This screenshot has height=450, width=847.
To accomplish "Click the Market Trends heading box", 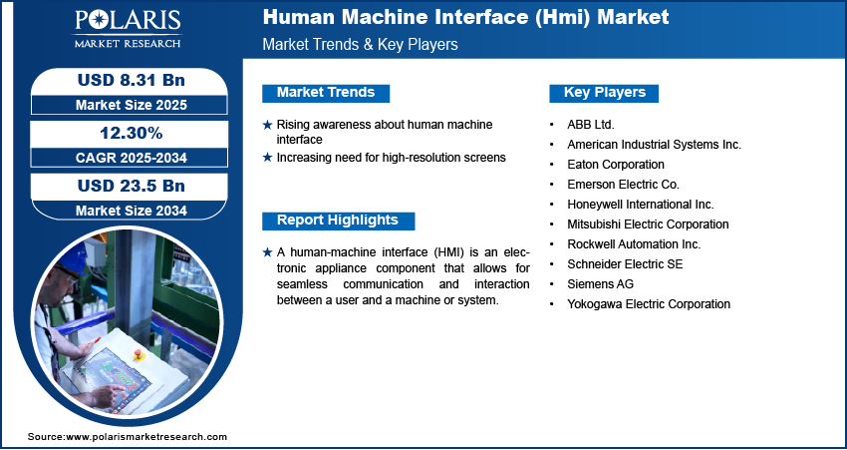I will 326,93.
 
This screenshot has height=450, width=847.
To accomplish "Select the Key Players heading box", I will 604,93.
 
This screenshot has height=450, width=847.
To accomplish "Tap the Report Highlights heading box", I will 337,221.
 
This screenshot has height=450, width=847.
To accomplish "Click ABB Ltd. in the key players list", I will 591,125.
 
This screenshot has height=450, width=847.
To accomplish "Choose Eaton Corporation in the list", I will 617,165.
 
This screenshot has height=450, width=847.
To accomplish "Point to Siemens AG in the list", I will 599,284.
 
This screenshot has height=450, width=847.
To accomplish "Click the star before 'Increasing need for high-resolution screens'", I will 267,158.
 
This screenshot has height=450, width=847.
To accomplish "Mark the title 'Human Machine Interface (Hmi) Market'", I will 466,18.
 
